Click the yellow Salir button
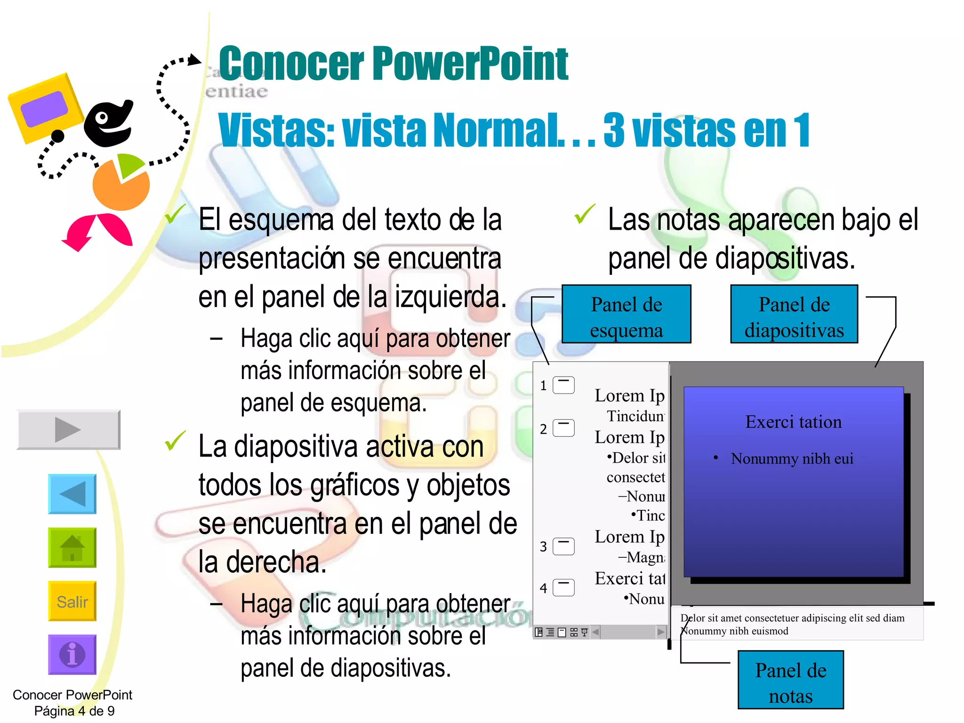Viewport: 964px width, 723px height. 72,601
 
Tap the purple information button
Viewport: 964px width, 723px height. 72,654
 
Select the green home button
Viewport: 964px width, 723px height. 72,547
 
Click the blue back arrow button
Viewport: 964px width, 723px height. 72,494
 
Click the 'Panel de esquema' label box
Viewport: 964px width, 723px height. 626,314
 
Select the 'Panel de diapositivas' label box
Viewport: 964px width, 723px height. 794,314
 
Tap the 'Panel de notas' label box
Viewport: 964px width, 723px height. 790,680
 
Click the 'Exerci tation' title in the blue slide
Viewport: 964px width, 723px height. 794,422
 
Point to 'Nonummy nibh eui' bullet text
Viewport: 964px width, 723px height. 792,458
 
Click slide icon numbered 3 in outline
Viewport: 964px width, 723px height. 563,546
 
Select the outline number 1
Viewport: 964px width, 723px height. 543,386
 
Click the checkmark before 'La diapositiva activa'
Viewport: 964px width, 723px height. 175,441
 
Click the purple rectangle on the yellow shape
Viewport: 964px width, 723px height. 44,109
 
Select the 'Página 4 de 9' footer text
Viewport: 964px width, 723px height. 74,711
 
